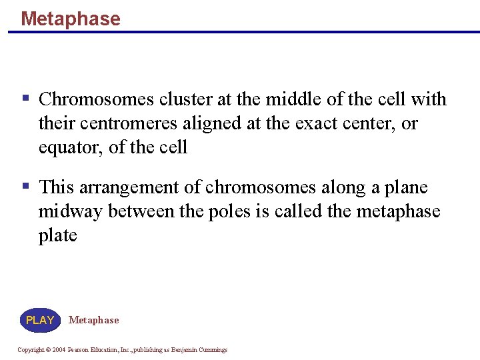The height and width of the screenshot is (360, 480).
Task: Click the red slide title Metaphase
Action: coord(70,19)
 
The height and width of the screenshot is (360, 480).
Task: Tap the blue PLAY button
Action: coord(40,320)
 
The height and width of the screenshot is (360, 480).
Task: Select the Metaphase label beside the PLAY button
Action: coord(93,320)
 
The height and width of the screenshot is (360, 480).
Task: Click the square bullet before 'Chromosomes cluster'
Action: coord(25,98)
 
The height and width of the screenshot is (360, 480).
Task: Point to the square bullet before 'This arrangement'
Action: coord(25,186)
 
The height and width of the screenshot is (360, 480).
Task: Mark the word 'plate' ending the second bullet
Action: coord(57,235)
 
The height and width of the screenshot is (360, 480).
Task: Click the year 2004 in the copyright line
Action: coord(59,350)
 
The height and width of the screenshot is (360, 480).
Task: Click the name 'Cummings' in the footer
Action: coord(212,350)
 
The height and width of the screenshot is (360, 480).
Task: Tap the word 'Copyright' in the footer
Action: coord(31,350)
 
